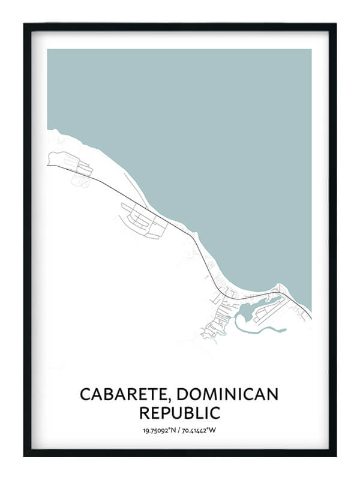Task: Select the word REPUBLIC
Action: [179, 413]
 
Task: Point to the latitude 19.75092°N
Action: [160, 430]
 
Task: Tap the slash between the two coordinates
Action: [179, 430]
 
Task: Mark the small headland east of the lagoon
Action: [281, 287]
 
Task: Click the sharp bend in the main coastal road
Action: [193, 237]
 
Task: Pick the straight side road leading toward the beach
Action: [135, 187]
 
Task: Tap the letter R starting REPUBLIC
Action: [144, 413]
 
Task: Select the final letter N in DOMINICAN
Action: [273, 394]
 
